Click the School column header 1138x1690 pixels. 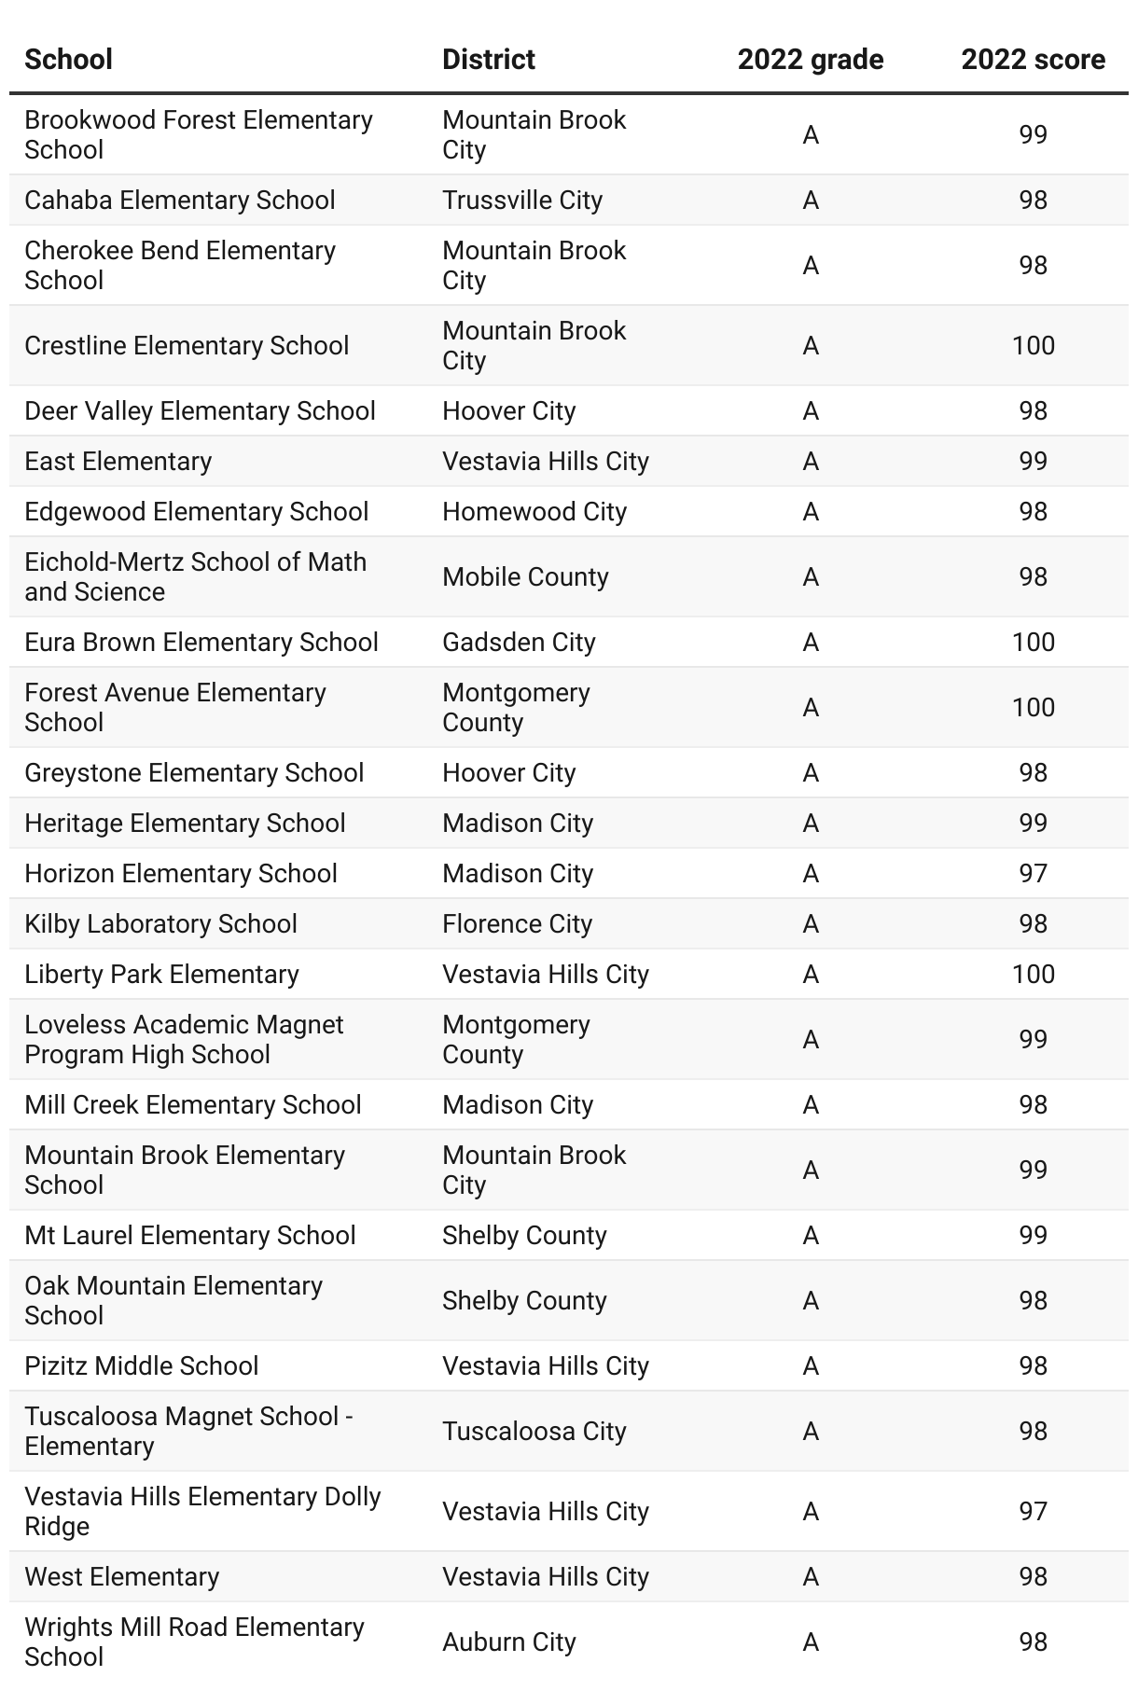[x=68, y=60]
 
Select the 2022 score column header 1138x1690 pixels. [x=1033, y=60]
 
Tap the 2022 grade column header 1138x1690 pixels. [x=810, y=60]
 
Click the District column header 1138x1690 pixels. [x=488, y=60]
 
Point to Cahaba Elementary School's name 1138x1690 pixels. [x=179, y=201]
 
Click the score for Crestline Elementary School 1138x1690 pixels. [x=1033, y=346]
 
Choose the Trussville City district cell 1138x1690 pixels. [x=521, y=201]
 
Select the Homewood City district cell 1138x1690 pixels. [x=534, y=512]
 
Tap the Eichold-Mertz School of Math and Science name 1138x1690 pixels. [x=195, y=577]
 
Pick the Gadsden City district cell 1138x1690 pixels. [x=518, y=643]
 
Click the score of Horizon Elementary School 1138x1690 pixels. [x=1033, y=874]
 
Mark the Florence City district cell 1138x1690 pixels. [x=517, y=924]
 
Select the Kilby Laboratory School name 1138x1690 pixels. [x=160, y=924]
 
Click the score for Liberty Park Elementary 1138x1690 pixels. [x=1033, y=975]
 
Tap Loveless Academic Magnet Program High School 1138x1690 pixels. [x=184, y=1040]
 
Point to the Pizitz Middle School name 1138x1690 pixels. [x=141, y=1366]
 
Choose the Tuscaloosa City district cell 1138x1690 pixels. [x=534, y=1432]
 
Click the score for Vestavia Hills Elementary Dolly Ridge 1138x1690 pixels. [x=1033, y=1512]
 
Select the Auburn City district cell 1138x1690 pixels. [x=508, y=1642]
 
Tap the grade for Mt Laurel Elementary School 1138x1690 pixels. [x=810, y=1236]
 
